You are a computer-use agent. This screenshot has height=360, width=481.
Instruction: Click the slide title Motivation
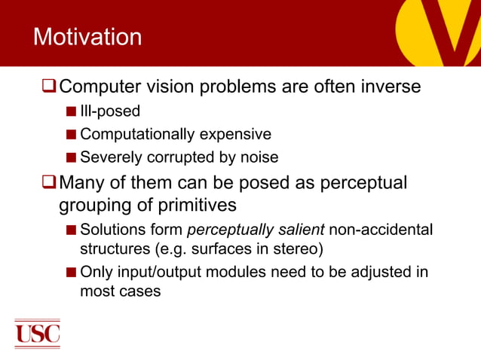(87, 37)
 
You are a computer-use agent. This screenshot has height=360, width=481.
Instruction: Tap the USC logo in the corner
(37, 332)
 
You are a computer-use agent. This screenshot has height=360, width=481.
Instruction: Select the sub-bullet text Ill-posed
(110, 112)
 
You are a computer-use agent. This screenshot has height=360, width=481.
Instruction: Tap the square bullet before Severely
(71, 157)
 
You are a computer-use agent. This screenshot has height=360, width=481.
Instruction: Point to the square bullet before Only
(71, 271)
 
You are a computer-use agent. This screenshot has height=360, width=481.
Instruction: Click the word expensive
(235, 135)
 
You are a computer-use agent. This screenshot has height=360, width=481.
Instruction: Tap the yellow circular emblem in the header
(437, 30)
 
